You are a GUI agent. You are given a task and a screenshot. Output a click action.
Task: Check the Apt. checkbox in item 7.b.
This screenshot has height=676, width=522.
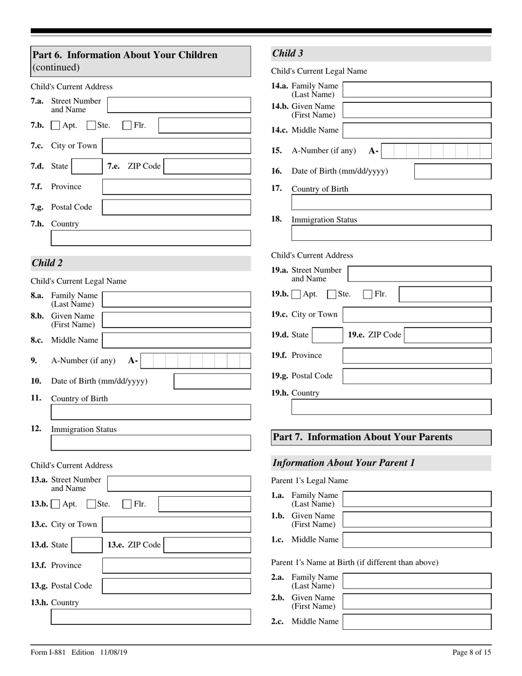tap(55, 125)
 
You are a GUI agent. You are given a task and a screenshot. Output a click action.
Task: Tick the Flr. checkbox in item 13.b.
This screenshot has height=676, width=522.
tap(127, 503)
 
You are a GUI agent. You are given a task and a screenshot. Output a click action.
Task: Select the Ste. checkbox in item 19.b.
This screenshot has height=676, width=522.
tap(332, 295)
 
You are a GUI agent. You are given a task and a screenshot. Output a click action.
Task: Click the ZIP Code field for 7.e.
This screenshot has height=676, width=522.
tap(207, 167)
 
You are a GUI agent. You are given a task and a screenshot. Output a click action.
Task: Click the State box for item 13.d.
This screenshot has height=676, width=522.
tap(86, 545)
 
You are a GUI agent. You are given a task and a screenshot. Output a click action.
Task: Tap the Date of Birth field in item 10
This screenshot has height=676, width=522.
tap(212, 381)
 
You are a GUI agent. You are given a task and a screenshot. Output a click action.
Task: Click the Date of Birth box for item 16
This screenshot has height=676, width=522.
tap(452, 171)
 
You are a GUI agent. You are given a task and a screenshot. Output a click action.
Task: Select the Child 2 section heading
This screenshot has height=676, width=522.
tap(47, 263)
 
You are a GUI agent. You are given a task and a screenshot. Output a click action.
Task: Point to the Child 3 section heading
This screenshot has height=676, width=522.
tap(287, 53)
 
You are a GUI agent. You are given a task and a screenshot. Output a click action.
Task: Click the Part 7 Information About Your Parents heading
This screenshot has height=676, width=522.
tap(363, 437)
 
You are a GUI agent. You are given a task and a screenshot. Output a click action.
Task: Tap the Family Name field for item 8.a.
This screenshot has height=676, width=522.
tap(176, 300)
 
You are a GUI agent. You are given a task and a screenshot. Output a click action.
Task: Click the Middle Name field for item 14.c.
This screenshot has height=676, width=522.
tap(417, 130)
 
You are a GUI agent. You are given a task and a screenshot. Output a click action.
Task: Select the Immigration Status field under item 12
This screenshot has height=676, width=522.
tap(151, 443)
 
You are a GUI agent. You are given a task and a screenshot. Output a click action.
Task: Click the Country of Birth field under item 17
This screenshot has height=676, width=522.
tap(391, 202)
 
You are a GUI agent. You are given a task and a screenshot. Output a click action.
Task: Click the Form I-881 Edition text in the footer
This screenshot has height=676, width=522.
tap(79, 652)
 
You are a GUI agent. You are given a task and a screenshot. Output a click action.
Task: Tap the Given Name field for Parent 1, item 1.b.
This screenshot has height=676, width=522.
tap(417, 519)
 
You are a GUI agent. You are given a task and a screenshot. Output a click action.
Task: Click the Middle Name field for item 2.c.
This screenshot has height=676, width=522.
tap(417, 622)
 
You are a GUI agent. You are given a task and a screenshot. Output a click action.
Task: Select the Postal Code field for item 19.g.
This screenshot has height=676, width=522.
tap(417, 376)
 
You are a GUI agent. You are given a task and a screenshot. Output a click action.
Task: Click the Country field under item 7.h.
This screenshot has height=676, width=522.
tap(151, 238)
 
